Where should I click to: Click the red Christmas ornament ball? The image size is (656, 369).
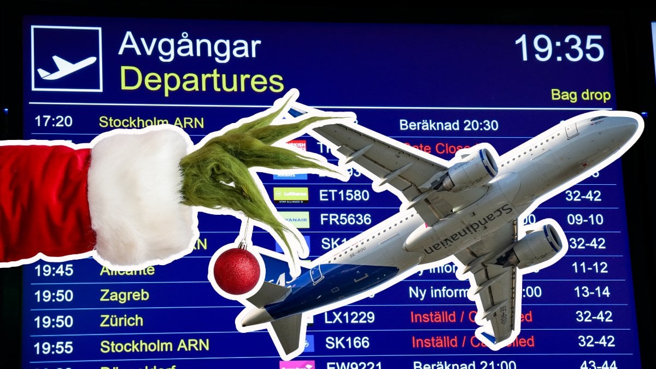(237, 270)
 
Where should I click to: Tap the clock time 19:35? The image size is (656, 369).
(559, 48)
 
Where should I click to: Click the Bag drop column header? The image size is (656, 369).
(580, 95)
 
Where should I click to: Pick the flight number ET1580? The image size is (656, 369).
(344, 195)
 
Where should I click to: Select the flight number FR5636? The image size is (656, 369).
(345, 219)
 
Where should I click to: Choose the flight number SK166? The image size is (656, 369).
(347, 343)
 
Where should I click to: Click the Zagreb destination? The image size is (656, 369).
(124, 295)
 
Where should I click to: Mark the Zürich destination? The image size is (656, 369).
(121, 320)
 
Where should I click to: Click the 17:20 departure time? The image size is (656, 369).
(54, 121)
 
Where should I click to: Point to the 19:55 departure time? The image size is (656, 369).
(53, 347)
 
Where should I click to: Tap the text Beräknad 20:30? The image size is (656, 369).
(448, 125)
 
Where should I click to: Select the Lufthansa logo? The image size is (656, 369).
(291, 195)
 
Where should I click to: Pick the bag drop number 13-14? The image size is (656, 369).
(591, 292)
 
